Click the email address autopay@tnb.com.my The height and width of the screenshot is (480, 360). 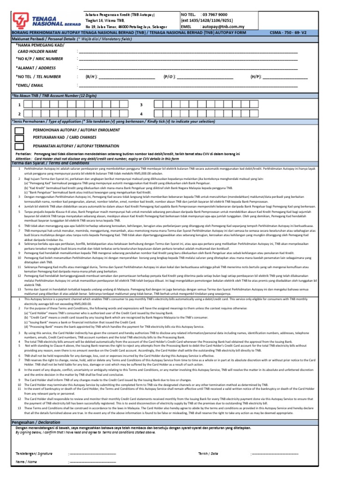tap(223, 27)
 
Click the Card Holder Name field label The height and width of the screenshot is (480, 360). tap(37, 51)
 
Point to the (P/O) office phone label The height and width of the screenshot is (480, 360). tap(169, 76)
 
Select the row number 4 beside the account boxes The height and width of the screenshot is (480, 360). tap(141, 114)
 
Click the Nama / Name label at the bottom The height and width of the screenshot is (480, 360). tap(26, 462)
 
